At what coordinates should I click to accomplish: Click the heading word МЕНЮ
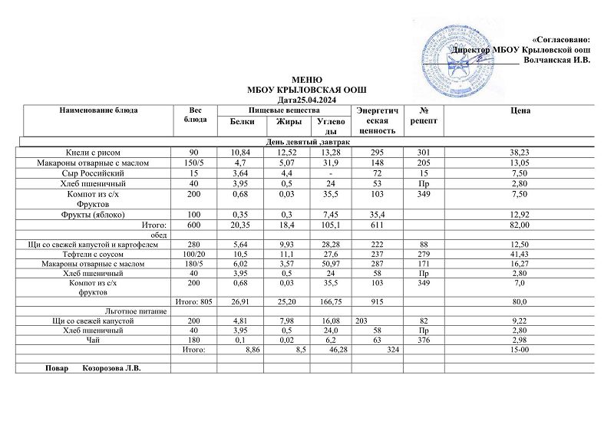coord(307,80)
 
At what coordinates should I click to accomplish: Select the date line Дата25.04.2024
coord(307,100)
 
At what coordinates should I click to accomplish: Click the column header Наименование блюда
coord(98,111)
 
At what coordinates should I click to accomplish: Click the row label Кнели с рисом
coord(98,153)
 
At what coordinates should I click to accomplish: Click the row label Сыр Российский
coord(98,173)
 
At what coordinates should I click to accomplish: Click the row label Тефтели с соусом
coord(98,254)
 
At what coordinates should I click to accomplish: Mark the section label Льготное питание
coord(98,311)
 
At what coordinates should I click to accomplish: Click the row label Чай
coord(98,340)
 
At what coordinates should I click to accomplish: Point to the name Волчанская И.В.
coord(556,60)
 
